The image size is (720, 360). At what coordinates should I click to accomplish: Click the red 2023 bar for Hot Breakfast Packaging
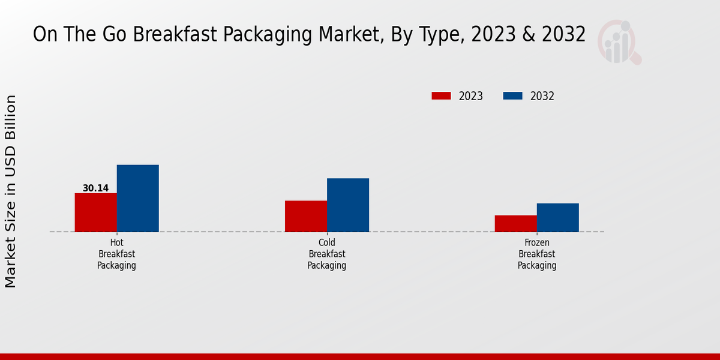(95, 212)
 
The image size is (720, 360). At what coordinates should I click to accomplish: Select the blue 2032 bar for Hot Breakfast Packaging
(137, 198)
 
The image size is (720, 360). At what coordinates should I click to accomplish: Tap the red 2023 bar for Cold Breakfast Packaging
(305, 216)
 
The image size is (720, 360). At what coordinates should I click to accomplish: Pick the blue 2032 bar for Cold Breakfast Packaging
(347, 205)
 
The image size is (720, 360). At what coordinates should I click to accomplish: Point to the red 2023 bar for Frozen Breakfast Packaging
(515, 223)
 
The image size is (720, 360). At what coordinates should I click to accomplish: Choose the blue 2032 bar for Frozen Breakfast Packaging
(557, 217)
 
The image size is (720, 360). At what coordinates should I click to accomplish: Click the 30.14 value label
(95, 188)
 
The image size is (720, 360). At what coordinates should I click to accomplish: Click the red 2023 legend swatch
(441, 96)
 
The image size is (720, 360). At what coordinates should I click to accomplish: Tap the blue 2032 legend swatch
(512, 96)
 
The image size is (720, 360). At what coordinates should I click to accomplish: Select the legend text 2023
(470, 96)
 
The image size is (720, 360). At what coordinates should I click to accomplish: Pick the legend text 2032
(542, 96)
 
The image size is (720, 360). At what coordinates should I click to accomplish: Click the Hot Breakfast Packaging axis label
(116, 254)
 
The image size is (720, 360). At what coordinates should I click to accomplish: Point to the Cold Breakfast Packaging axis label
(326, 254)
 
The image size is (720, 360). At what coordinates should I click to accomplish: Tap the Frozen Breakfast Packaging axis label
(537, 254)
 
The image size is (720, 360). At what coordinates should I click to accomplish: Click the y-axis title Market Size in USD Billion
(11, 191)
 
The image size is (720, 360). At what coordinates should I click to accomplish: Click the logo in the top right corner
(620, 42)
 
